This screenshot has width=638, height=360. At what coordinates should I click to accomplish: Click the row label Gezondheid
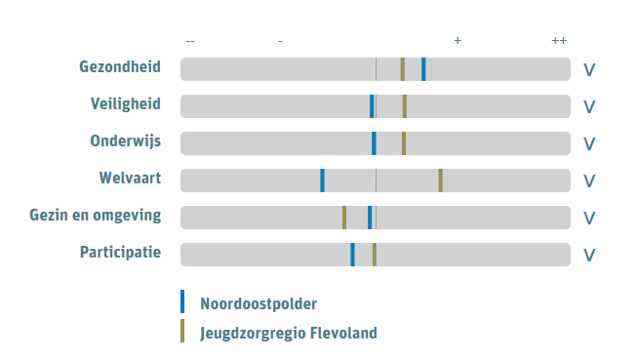(x=120, y=67)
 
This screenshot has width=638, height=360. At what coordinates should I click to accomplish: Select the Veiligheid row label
(x=125, y=104)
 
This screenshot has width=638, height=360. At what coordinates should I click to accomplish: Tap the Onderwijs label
(x=125, y=141)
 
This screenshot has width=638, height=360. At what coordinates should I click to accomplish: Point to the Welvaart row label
(x=129, y=179)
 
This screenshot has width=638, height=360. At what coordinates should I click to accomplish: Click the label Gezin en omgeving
(x=96, y=216)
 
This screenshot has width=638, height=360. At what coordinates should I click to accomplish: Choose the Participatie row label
(x=120, y=253)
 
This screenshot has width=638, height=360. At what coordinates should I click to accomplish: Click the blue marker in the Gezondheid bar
(x=423, y=69)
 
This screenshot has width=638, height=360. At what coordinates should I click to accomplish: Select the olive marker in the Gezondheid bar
(x=402, y=69)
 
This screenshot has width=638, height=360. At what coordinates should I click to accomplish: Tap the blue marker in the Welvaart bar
(x=322, y=180)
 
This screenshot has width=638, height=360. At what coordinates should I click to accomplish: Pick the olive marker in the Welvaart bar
(x=441, y=180)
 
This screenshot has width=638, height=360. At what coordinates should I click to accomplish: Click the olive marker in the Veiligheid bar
(x=405, y=106)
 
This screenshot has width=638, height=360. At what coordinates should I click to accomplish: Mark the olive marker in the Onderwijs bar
(x=404, y=143)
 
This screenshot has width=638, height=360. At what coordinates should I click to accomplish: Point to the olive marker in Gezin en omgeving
(x=344, y=218)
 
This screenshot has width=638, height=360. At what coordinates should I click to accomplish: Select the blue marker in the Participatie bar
(x=352, y=255)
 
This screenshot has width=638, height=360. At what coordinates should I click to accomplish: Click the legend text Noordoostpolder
(x=259, y=303)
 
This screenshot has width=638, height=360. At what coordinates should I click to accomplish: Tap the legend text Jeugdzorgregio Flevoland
(x=288, y=333)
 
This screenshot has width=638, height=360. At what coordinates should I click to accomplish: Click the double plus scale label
(x=559, y=41)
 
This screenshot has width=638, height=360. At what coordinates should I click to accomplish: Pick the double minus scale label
(x=190, y=41)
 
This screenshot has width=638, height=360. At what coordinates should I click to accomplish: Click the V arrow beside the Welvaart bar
(x=589, y=180)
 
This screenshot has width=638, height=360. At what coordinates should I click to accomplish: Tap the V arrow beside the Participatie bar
(x=589, y=255)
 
